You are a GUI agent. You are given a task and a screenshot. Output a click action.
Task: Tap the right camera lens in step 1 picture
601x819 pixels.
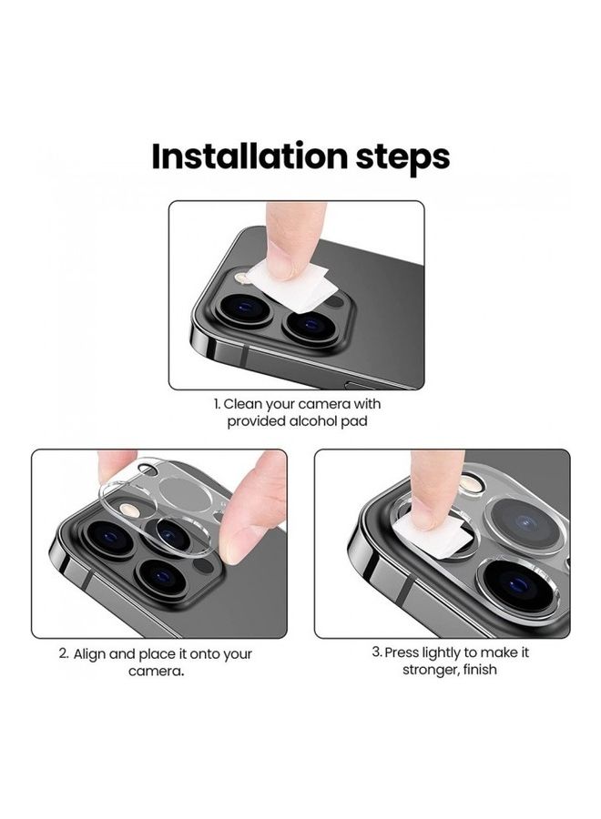tap(309, 323)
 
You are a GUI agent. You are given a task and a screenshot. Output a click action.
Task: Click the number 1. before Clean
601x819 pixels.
tap(218, 403)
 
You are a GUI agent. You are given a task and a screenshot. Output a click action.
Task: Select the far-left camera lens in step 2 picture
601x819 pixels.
tap(105, 537)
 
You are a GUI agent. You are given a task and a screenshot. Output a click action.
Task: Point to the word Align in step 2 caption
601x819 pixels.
tap(92, 653)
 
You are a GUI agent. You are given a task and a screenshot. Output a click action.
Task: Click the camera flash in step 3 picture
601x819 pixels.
tap(471, 482)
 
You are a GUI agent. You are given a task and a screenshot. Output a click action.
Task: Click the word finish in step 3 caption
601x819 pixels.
tap(476, 671)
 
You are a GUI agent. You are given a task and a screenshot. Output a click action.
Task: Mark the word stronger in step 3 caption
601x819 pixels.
tap(431, 671)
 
